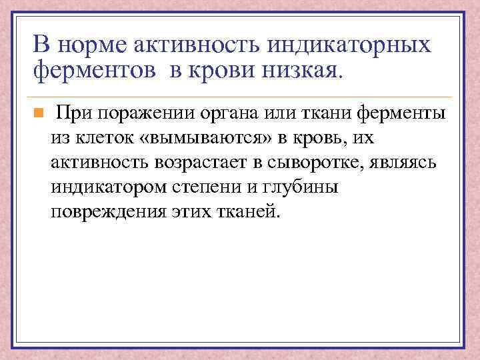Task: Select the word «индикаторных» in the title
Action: coord(349,45)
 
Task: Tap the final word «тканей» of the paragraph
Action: coord(247,211)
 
